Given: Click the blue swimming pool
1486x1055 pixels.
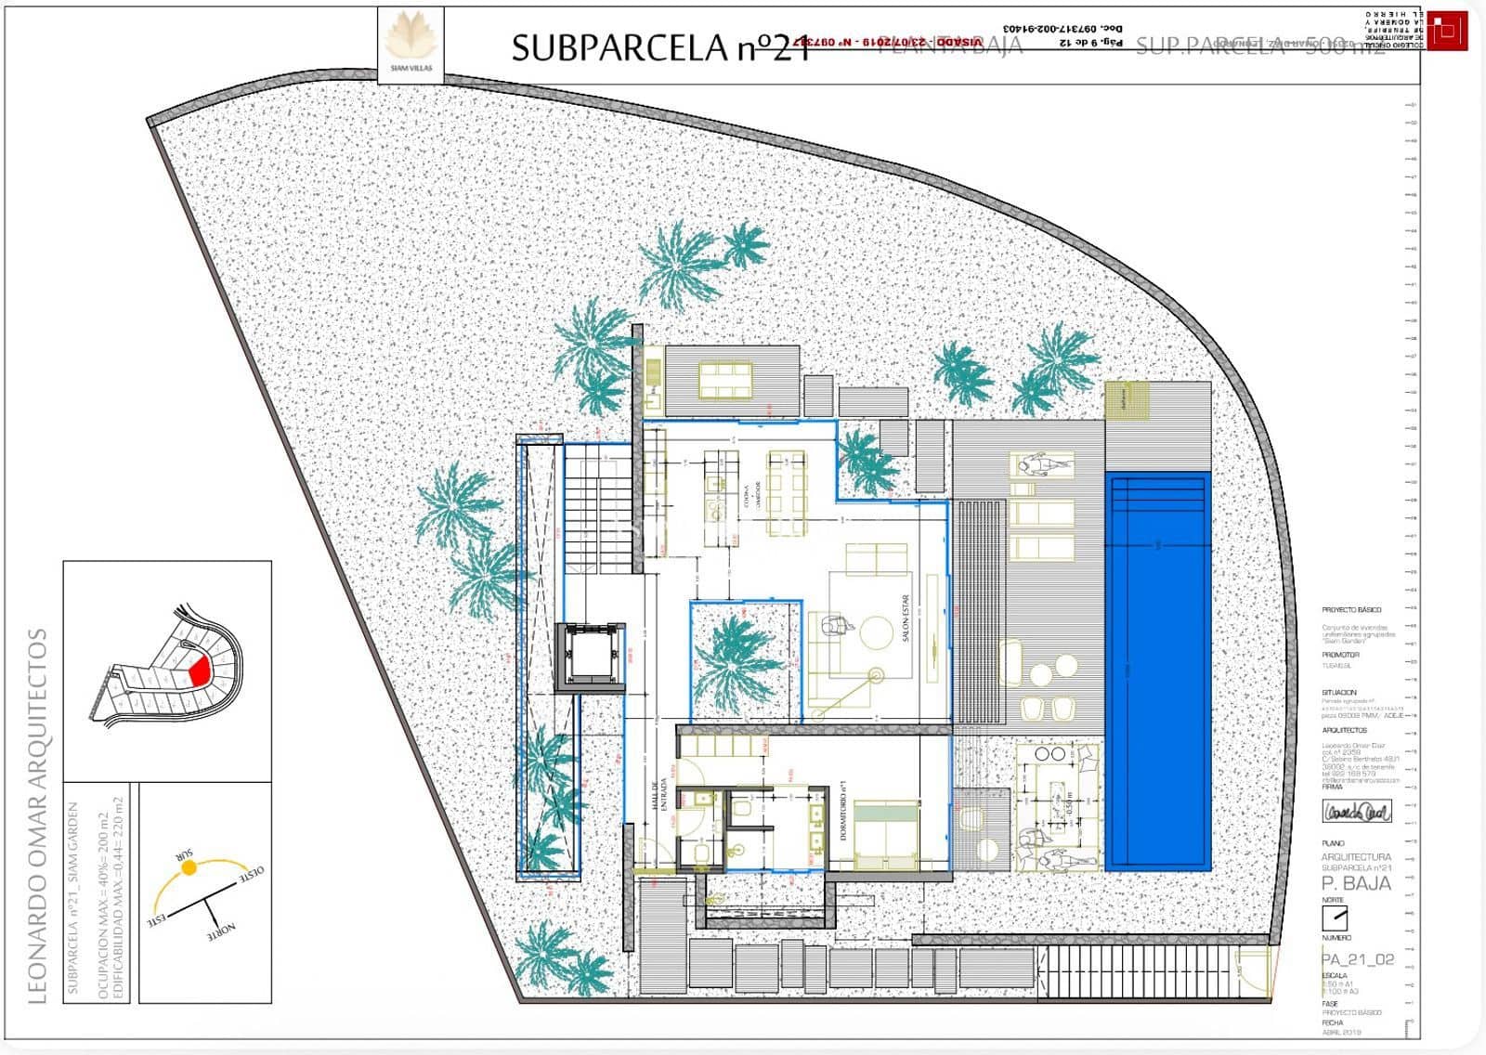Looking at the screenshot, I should (1157, 669).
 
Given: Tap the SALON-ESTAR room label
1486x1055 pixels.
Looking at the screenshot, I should (906, 619).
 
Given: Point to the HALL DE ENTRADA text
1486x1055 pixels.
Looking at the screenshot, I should (661, 797).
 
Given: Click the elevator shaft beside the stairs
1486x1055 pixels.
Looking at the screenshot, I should (590, 657).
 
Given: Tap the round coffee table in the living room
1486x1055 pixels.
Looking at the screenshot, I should (876, 633).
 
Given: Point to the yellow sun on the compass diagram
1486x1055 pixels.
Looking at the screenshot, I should (189, 868).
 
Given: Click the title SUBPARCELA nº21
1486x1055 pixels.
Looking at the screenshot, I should (659, 47).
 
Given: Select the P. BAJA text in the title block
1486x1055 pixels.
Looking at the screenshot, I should (1356, 883).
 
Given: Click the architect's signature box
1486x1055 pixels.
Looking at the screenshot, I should (1357, 811).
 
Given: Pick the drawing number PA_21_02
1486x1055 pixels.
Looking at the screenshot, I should (1358, 959).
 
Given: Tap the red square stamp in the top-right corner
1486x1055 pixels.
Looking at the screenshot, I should (1446, 32).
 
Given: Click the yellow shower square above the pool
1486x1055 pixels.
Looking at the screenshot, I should (1126, 401).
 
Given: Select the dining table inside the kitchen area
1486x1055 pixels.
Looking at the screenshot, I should (786, 492).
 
